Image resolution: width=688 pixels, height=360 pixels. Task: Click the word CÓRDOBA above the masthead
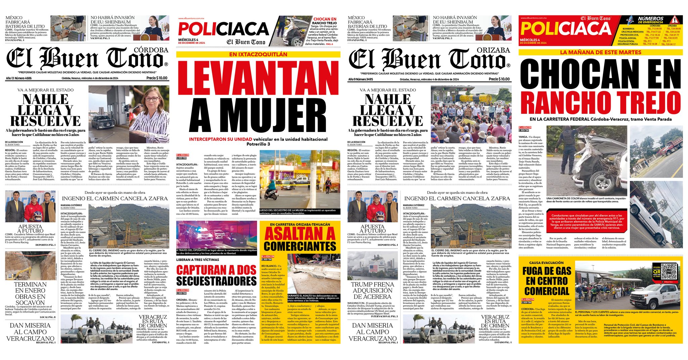point(151,50)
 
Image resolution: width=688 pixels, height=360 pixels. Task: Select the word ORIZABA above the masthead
point(493,50)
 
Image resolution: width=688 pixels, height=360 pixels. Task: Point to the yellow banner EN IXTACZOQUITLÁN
point(258,54)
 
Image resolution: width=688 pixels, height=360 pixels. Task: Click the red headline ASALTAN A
point(300,234)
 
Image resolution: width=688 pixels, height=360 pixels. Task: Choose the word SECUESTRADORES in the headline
point(216,281)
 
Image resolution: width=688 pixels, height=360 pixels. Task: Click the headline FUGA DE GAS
point(547,271)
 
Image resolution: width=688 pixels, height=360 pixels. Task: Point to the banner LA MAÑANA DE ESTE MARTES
point(600,52)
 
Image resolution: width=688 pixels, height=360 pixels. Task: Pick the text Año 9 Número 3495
point(360,79)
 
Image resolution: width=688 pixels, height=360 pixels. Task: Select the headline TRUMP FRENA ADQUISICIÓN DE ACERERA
point(372,290)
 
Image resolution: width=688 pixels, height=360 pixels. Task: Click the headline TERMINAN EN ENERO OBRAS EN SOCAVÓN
point(30,294)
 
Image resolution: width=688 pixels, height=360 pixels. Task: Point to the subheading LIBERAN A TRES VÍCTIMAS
point(198,260)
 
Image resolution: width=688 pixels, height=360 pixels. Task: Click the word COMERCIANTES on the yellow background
point(300,246)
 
